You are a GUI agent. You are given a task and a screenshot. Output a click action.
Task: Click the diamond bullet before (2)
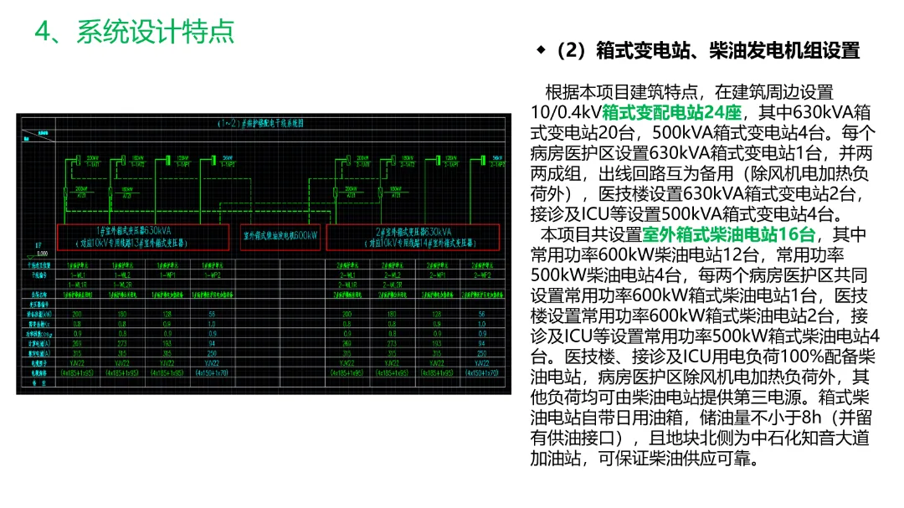[x=541, y=50]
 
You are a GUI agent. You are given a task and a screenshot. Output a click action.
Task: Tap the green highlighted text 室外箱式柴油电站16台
[x=727, y=234]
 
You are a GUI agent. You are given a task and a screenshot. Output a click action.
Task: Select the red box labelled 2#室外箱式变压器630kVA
[x=413, y=237]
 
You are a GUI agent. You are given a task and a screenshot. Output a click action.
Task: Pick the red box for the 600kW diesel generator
[x=280, y=237]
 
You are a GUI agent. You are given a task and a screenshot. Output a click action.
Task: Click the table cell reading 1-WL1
[x=79, y=275]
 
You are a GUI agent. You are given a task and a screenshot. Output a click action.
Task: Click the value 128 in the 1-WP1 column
[x=166, y=314]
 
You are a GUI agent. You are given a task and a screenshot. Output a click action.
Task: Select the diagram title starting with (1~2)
[x=259, y=122]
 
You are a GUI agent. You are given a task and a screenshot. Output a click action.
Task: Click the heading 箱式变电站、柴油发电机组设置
[x=727, y=50]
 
